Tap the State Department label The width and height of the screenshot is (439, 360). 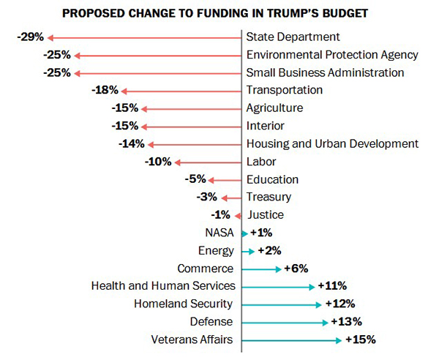(x=293, y=37)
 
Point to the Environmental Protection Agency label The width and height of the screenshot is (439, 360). (x=332, y=55)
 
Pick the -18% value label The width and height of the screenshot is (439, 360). (x=105, y=90)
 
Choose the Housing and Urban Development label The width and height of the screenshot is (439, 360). (x=332, y=144)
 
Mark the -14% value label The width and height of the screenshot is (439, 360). (x=131, y=144)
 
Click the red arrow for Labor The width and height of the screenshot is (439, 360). (x=208, y=162)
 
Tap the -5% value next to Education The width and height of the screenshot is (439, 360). (x=196, y=179)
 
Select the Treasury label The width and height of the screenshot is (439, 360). (x=269, y=197)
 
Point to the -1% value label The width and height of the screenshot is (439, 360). (x=220, y=215)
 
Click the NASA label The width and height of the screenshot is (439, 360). (x=220, y=233)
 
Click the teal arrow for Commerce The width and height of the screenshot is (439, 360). (x=261, y=269)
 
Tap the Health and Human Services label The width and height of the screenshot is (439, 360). (x=163, y=286)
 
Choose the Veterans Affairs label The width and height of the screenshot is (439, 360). (x=192, y=340)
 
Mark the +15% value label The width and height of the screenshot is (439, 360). (x=360, y=340)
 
